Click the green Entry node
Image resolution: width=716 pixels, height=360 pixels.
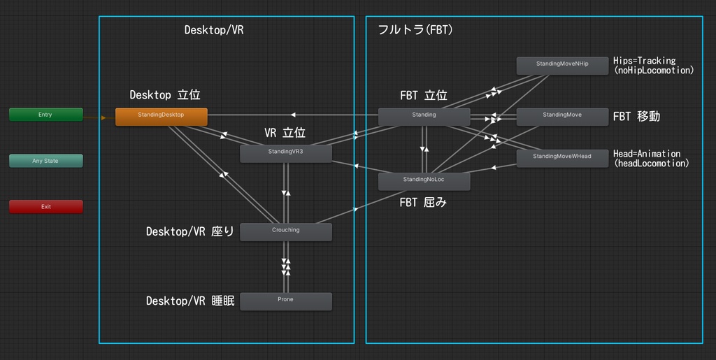point(45,115)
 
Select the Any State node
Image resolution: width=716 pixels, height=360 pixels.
point(45,161)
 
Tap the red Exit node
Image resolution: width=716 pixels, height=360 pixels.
point(45,207)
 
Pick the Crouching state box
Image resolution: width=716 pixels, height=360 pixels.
point(285,231)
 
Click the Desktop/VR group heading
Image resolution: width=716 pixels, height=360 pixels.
point(214,30)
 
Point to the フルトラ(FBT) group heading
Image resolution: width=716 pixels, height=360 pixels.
point(415,30)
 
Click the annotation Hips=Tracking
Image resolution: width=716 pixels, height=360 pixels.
point(644,61)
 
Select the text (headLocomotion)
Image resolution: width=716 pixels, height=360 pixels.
point(651,164)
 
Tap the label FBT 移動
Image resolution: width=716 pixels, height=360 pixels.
point(636,117)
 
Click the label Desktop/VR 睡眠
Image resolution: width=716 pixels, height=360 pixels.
point(189,301)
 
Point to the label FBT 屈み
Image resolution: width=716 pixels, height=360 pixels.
point(423,203)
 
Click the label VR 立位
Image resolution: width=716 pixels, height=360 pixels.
point(285,133)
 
